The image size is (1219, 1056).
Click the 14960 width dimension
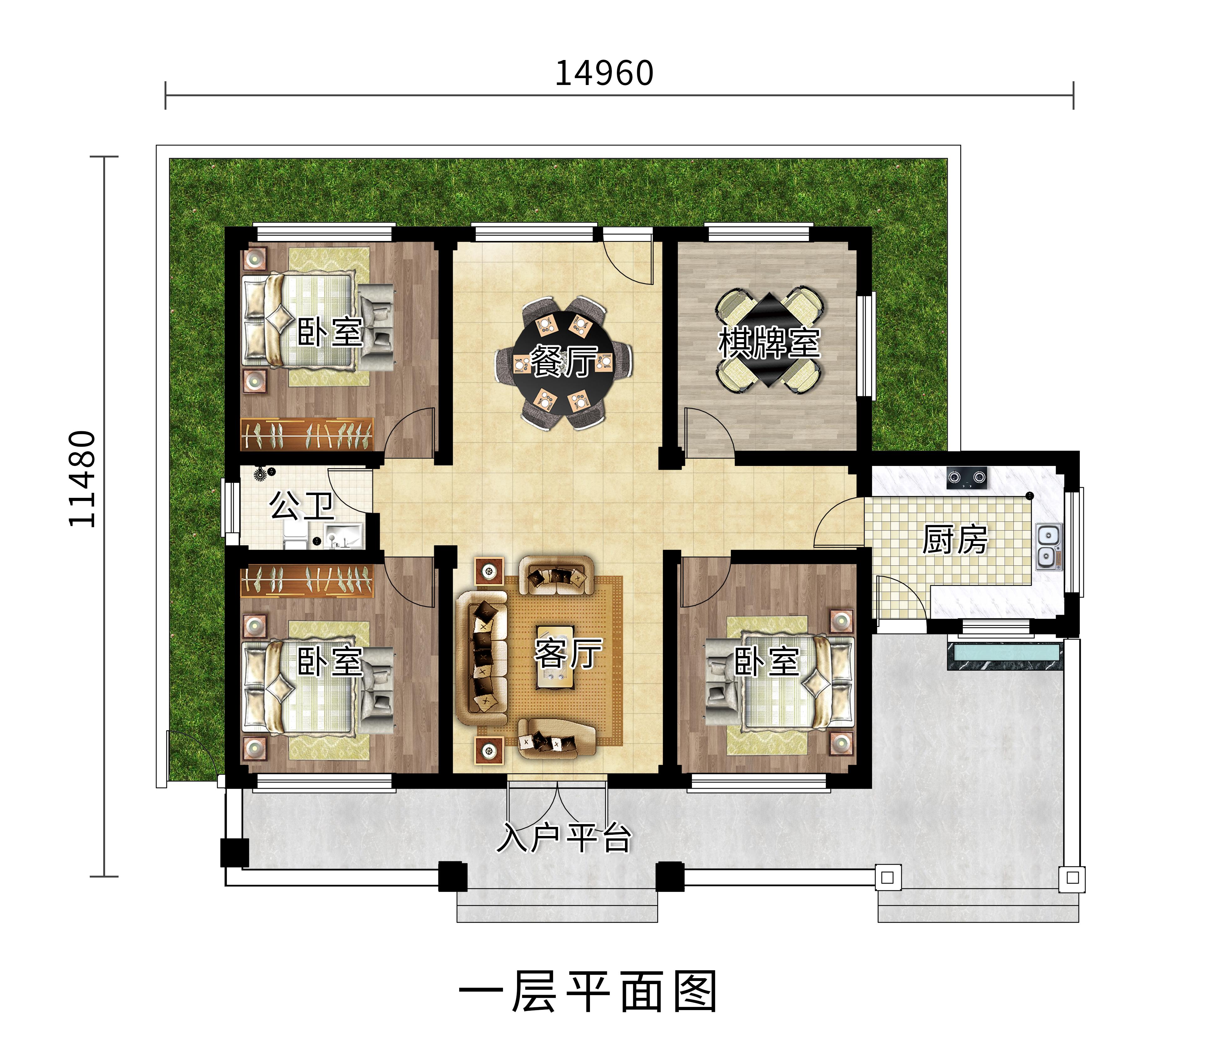tap(604, 74)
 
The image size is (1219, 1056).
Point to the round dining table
tap(563, 361)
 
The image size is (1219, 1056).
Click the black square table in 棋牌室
tap(769, 339)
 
